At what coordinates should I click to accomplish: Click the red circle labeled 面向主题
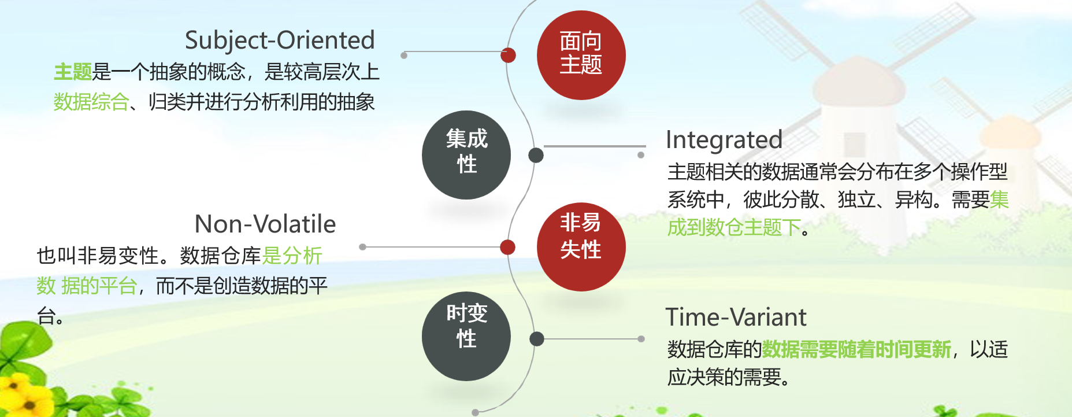(581, 55)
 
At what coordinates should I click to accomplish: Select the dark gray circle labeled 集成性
(466, 155)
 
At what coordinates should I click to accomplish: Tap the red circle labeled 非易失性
(581, 246)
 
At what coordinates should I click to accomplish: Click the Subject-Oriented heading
(280, 40)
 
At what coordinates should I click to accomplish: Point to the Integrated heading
(724, 140)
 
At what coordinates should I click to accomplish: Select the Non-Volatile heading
(265, 224)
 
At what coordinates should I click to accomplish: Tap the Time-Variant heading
(736, 317)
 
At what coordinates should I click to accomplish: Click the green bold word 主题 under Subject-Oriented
(73, 72)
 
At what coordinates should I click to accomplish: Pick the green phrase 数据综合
(91, 102)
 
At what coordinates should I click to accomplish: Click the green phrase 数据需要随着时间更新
(856, 349)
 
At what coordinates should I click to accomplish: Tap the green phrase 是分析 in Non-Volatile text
(292, 255)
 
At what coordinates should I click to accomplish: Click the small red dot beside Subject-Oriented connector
(508, 55)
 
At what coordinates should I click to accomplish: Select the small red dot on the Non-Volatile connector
(507, 247)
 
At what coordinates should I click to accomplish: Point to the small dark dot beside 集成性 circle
(536, 155)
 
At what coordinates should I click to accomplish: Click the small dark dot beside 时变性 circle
(536, 339)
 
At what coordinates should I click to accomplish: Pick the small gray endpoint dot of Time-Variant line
(641, 339)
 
